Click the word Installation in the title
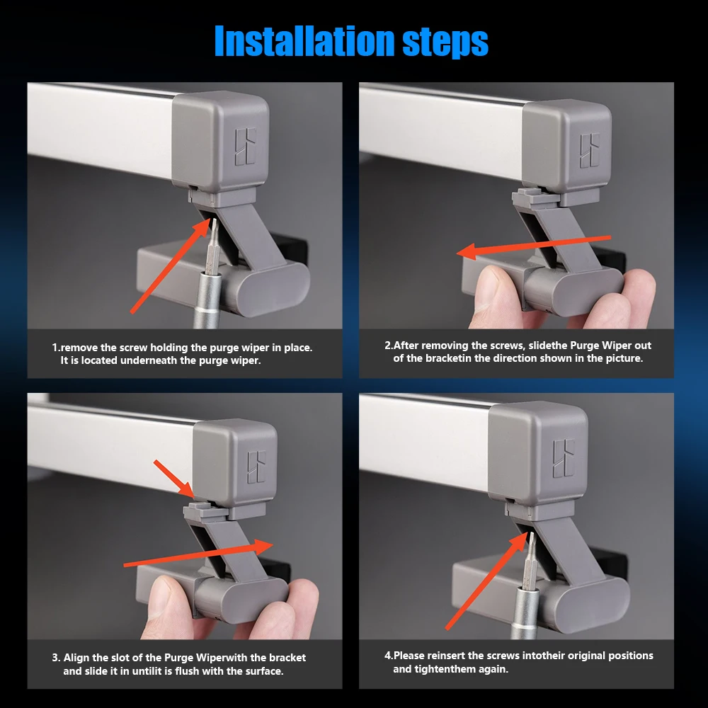[x=304, y=41]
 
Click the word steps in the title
[x=445, y=43]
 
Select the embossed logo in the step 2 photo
[x=590, y=150]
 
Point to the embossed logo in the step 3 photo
[x=257, y=467]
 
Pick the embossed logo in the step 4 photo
[x=564, y=458]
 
